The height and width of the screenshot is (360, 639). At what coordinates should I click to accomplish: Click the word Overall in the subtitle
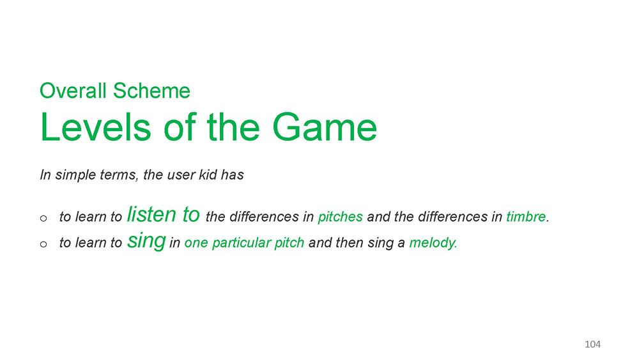coord(73,91)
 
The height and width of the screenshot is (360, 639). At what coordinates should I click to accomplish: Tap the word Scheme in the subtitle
coord(151,91)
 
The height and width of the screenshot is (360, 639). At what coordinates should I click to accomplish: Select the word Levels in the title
coord(96,127)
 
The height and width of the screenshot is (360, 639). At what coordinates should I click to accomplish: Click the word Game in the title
coord(325,127)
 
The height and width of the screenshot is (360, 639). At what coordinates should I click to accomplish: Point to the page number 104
coord(592,344)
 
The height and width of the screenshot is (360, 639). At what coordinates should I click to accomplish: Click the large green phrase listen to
coord(164,214)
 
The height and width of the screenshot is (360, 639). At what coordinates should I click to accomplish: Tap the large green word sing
coord(146,241)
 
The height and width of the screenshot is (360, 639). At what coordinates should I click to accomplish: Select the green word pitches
coord(341,217)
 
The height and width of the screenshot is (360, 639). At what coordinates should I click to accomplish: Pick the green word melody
coord(433,243)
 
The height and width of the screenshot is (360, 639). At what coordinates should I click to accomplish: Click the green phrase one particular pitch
coord(244,243)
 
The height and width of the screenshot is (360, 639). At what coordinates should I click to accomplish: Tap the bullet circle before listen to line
coord(43,219)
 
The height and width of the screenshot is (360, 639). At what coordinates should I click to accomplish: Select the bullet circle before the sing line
coord(43,245)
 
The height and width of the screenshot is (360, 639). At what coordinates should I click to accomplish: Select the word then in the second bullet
coord(351,242)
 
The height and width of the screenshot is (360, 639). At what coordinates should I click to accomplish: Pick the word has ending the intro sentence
coord(233,175)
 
